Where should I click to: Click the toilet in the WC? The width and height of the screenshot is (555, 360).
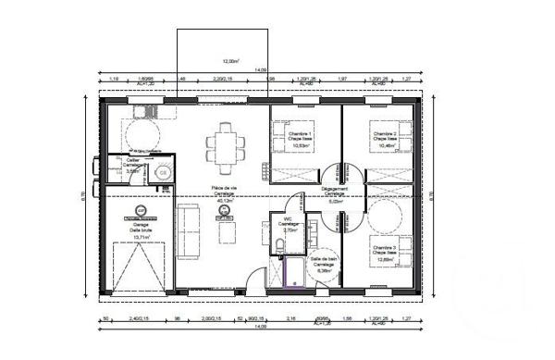coord(279,245)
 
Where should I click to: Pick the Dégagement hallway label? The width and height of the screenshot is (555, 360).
coord(335,192)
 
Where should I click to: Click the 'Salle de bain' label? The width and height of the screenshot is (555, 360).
coord(323,266)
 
